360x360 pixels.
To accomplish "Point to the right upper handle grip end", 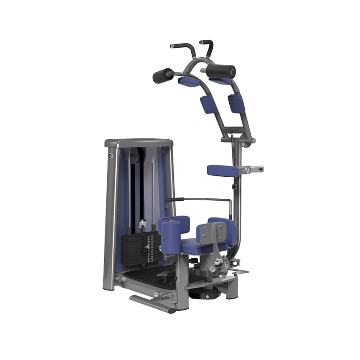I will click(x=202, y=43).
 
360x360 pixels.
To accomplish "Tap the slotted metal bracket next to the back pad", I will click(x=255, y=169).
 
